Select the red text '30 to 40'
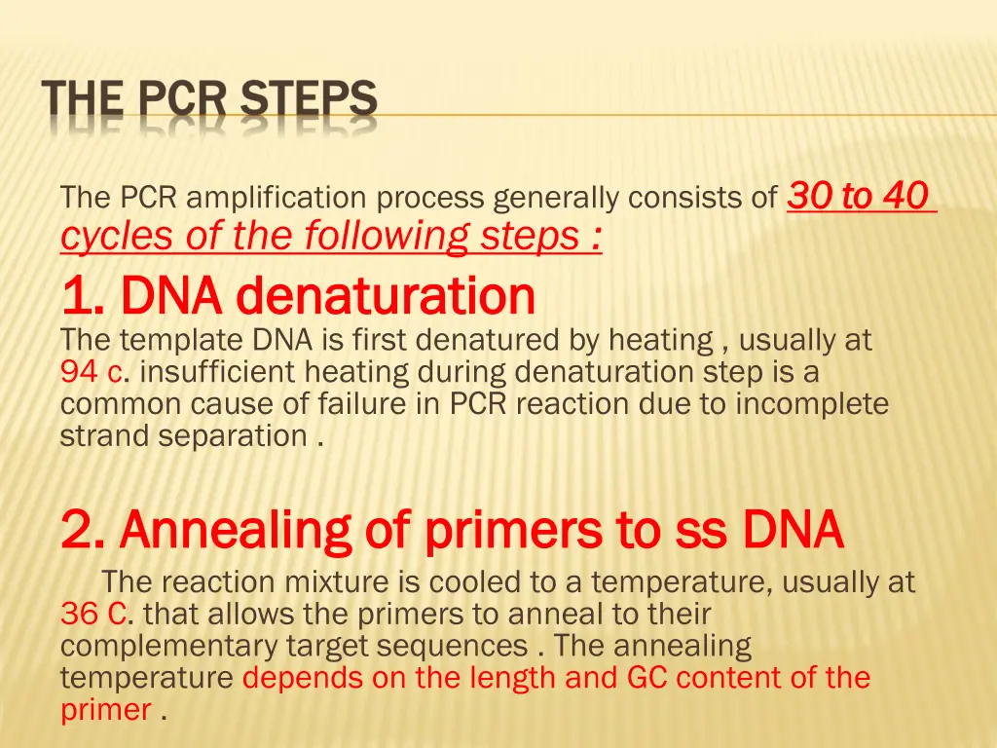pos(858,197)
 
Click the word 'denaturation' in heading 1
pos(387,296)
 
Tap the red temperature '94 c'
pos(91,372)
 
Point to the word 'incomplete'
pos(812,404)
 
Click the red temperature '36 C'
pos(92,615)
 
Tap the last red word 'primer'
pos(106,710)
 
